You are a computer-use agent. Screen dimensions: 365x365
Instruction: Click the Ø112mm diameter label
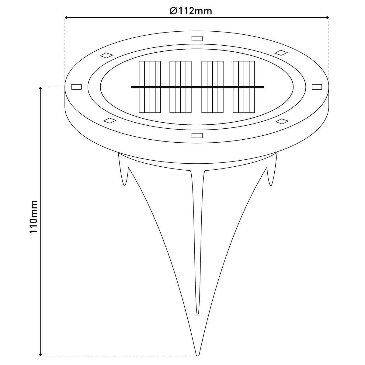(191, 11)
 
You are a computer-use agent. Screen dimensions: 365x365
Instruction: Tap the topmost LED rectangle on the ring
(197, 38)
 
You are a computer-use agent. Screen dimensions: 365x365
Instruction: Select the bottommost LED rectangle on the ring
(197, 135)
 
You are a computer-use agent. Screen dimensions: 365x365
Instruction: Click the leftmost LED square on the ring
(76, 87)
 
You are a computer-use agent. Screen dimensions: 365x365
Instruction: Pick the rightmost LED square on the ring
(317, 87)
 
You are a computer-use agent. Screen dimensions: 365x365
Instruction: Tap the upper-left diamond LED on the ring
(107, 55)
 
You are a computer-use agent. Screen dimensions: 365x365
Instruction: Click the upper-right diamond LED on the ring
(281, 52)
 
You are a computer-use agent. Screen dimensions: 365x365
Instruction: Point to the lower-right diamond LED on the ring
(282, 121)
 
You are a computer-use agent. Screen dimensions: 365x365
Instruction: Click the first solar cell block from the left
(149, 87)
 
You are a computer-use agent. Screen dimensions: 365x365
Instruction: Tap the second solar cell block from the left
(180, 87)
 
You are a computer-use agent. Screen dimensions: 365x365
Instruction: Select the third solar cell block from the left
(213, 87)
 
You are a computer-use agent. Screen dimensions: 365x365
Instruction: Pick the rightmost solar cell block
(244, 87)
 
